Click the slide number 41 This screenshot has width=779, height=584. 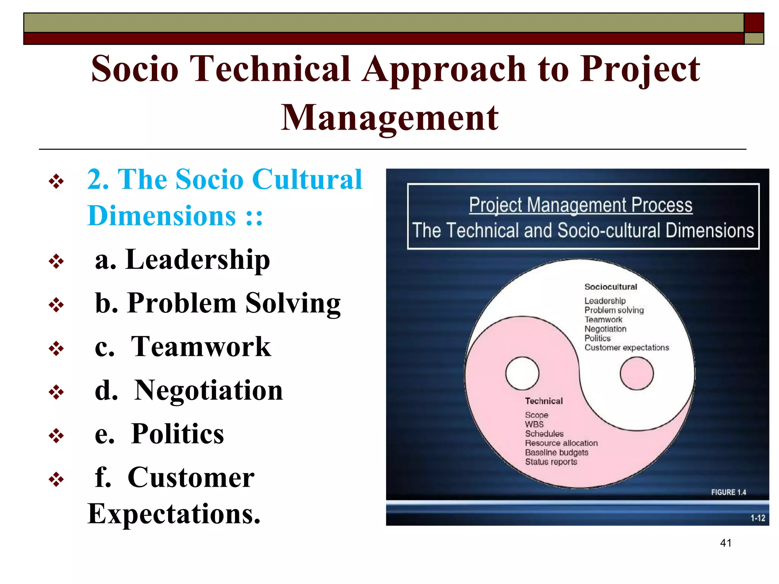725,543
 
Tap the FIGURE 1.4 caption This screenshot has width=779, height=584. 728,492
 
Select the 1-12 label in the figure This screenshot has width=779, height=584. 757,518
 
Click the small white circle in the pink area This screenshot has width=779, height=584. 522,373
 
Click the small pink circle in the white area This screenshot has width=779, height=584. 636,373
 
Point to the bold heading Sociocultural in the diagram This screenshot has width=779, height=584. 610,287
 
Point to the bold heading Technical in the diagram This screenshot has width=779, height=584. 544,401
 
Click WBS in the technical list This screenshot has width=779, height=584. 534,424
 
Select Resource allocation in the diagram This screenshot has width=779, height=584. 561,443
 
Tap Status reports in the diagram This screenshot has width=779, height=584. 551,462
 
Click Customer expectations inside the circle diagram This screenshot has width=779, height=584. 626,348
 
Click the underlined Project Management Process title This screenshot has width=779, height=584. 580,205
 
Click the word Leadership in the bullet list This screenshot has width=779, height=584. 198,260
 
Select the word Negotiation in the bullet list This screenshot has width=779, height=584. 208,390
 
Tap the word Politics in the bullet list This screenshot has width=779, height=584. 177,434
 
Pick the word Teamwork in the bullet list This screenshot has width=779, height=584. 201,347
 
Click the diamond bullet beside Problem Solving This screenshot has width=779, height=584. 56,305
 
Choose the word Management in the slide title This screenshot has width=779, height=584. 389,118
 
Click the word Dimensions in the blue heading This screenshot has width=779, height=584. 162,216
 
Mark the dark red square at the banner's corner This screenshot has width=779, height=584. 754,23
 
